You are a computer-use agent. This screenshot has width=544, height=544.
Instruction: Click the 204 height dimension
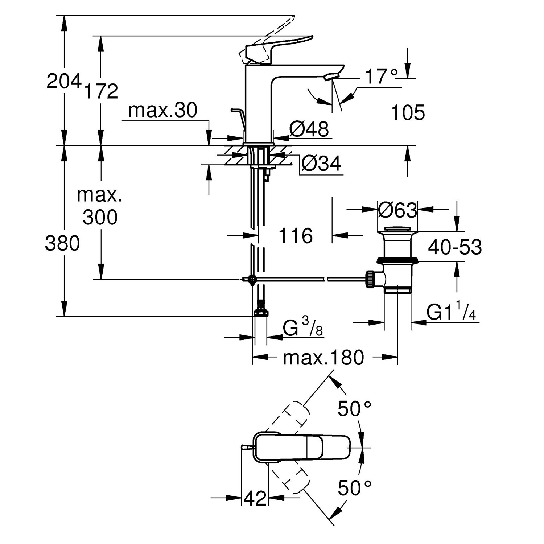[x=64, y=81]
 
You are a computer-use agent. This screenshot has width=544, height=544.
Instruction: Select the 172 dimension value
[x=101, y=91]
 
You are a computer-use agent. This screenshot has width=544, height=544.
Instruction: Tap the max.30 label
[x=162, y=110]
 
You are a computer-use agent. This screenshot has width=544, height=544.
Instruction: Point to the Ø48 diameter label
[x=309, y=128]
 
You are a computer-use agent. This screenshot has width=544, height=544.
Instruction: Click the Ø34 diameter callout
[x=321, y=164]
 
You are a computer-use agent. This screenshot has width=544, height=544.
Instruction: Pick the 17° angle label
[x=381, y=77]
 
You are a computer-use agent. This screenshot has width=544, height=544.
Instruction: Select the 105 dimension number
[x=408, y=113]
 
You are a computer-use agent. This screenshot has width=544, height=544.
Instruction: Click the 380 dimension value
[x=62, y=243]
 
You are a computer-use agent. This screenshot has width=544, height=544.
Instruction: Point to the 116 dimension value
[x=296, y=236]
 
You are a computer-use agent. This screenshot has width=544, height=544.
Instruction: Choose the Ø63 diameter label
[x=397, y=210]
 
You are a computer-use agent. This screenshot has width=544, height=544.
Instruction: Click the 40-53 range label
[x=455, y=247]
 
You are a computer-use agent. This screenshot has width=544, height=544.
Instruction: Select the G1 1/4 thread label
[x=451, y=312]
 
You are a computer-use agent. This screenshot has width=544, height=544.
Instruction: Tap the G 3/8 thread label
[x=302, y=327]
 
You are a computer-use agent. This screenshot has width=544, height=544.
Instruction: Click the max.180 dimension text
[x=323, y=358]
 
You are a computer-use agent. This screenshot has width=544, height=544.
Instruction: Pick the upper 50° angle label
[x=354, y=409]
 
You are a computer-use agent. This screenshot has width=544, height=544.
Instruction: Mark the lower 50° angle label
[x=354, y=488]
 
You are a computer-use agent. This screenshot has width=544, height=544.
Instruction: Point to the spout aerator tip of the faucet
[x=331, y=76]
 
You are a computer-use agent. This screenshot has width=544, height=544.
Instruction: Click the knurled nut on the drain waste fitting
[x=370, y=279]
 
